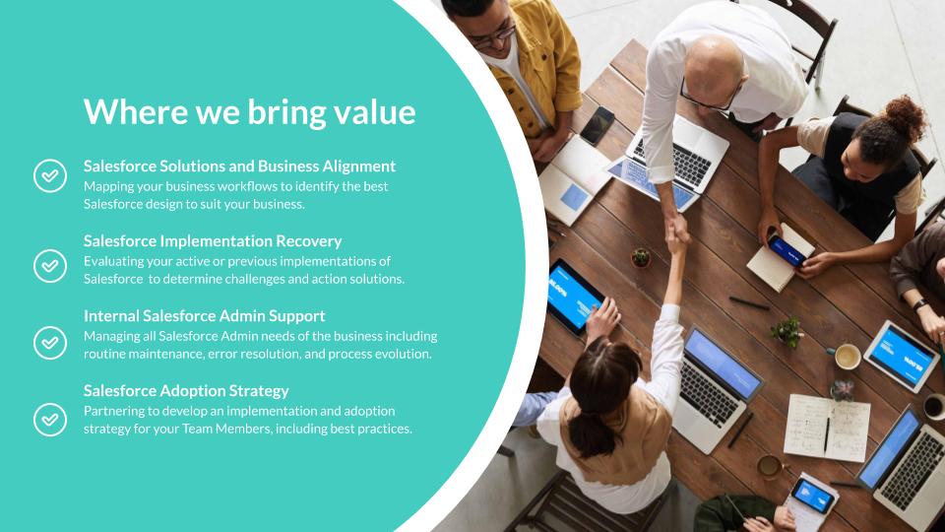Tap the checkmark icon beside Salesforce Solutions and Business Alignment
tap(50, 176)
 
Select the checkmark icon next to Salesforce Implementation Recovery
tap(50, 266)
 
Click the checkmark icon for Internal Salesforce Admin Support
tap(50, 343)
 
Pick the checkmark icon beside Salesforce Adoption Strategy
tap(50, 420)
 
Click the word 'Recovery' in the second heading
tap(308, 241)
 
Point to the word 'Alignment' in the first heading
tap(359, 166)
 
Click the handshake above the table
tap(678, 230)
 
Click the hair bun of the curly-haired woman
tap(906, 117)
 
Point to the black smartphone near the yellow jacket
tap(597, 125)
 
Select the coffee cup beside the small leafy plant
tap(847, 357)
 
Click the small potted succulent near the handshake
tap(641, 258)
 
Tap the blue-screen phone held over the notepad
tap(786, 250)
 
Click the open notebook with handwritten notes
tap(827, 427)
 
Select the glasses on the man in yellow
tap(494, 37)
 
